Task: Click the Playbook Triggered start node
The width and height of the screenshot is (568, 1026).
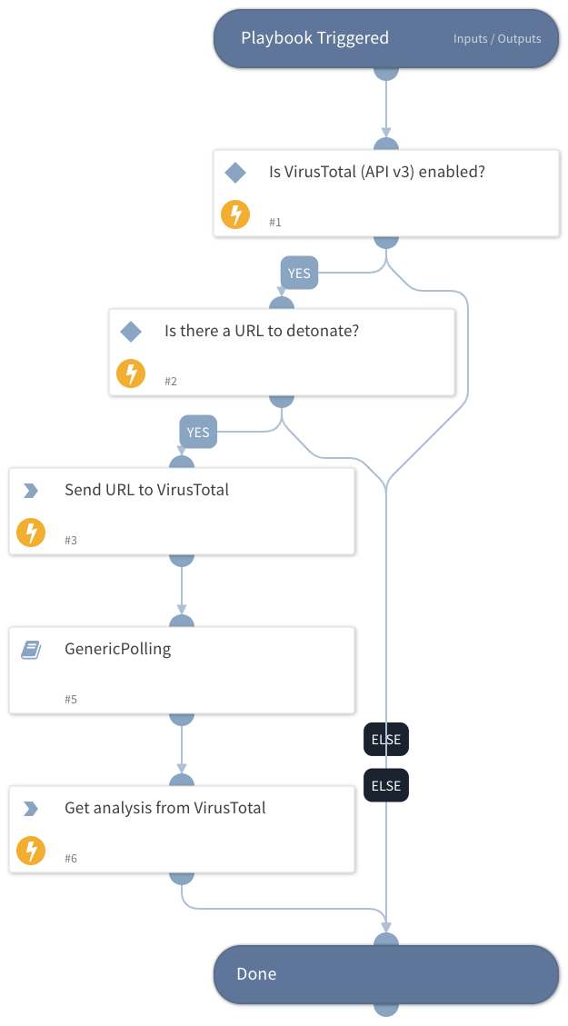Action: [x=314, y=38]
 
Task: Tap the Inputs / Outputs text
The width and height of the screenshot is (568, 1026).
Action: [x=497, y=39]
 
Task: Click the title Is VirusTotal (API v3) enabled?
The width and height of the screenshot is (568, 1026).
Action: [x=376, y=171]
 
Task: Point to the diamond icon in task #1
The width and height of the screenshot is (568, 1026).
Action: [x=235, y=172]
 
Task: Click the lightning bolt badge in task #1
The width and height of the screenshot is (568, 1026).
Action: [x=235, y=214]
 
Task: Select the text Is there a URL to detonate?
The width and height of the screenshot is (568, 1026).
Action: [x=262, y=331]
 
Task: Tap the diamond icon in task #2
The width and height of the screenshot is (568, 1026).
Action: [x=131, y=332]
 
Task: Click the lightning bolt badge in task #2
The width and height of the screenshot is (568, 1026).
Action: [x=131, y=374]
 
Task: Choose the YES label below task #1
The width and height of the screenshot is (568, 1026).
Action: [x=299, y=273]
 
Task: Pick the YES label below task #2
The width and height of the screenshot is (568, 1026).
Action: [x=197, y=432]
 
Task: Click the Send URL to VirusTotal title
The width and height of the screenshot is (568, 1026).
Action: [x=146, y=490]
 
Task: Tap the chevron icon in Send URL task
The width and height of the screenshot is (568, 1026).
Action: [x=31, y=491]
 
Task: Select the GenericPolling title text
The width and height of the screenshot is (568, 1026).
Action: [x=117, y=649]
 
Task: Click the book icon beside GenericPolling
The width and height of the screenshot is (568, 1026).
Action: [x=31, y=650]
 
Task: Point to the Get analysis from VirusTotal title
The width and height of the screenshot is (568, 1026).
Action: [x=164, y=808]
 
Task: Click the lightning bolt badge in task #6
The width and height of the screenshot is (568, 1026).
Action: [x=31, y=851]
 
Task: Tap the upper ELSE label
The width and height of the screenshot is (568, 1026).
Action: [x=386, y=739]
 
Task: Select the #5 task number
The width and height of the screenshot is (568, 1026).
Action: [x=71, y=700]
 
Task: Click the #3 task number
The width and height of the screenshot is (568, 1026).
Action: [x=71, y=541]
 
